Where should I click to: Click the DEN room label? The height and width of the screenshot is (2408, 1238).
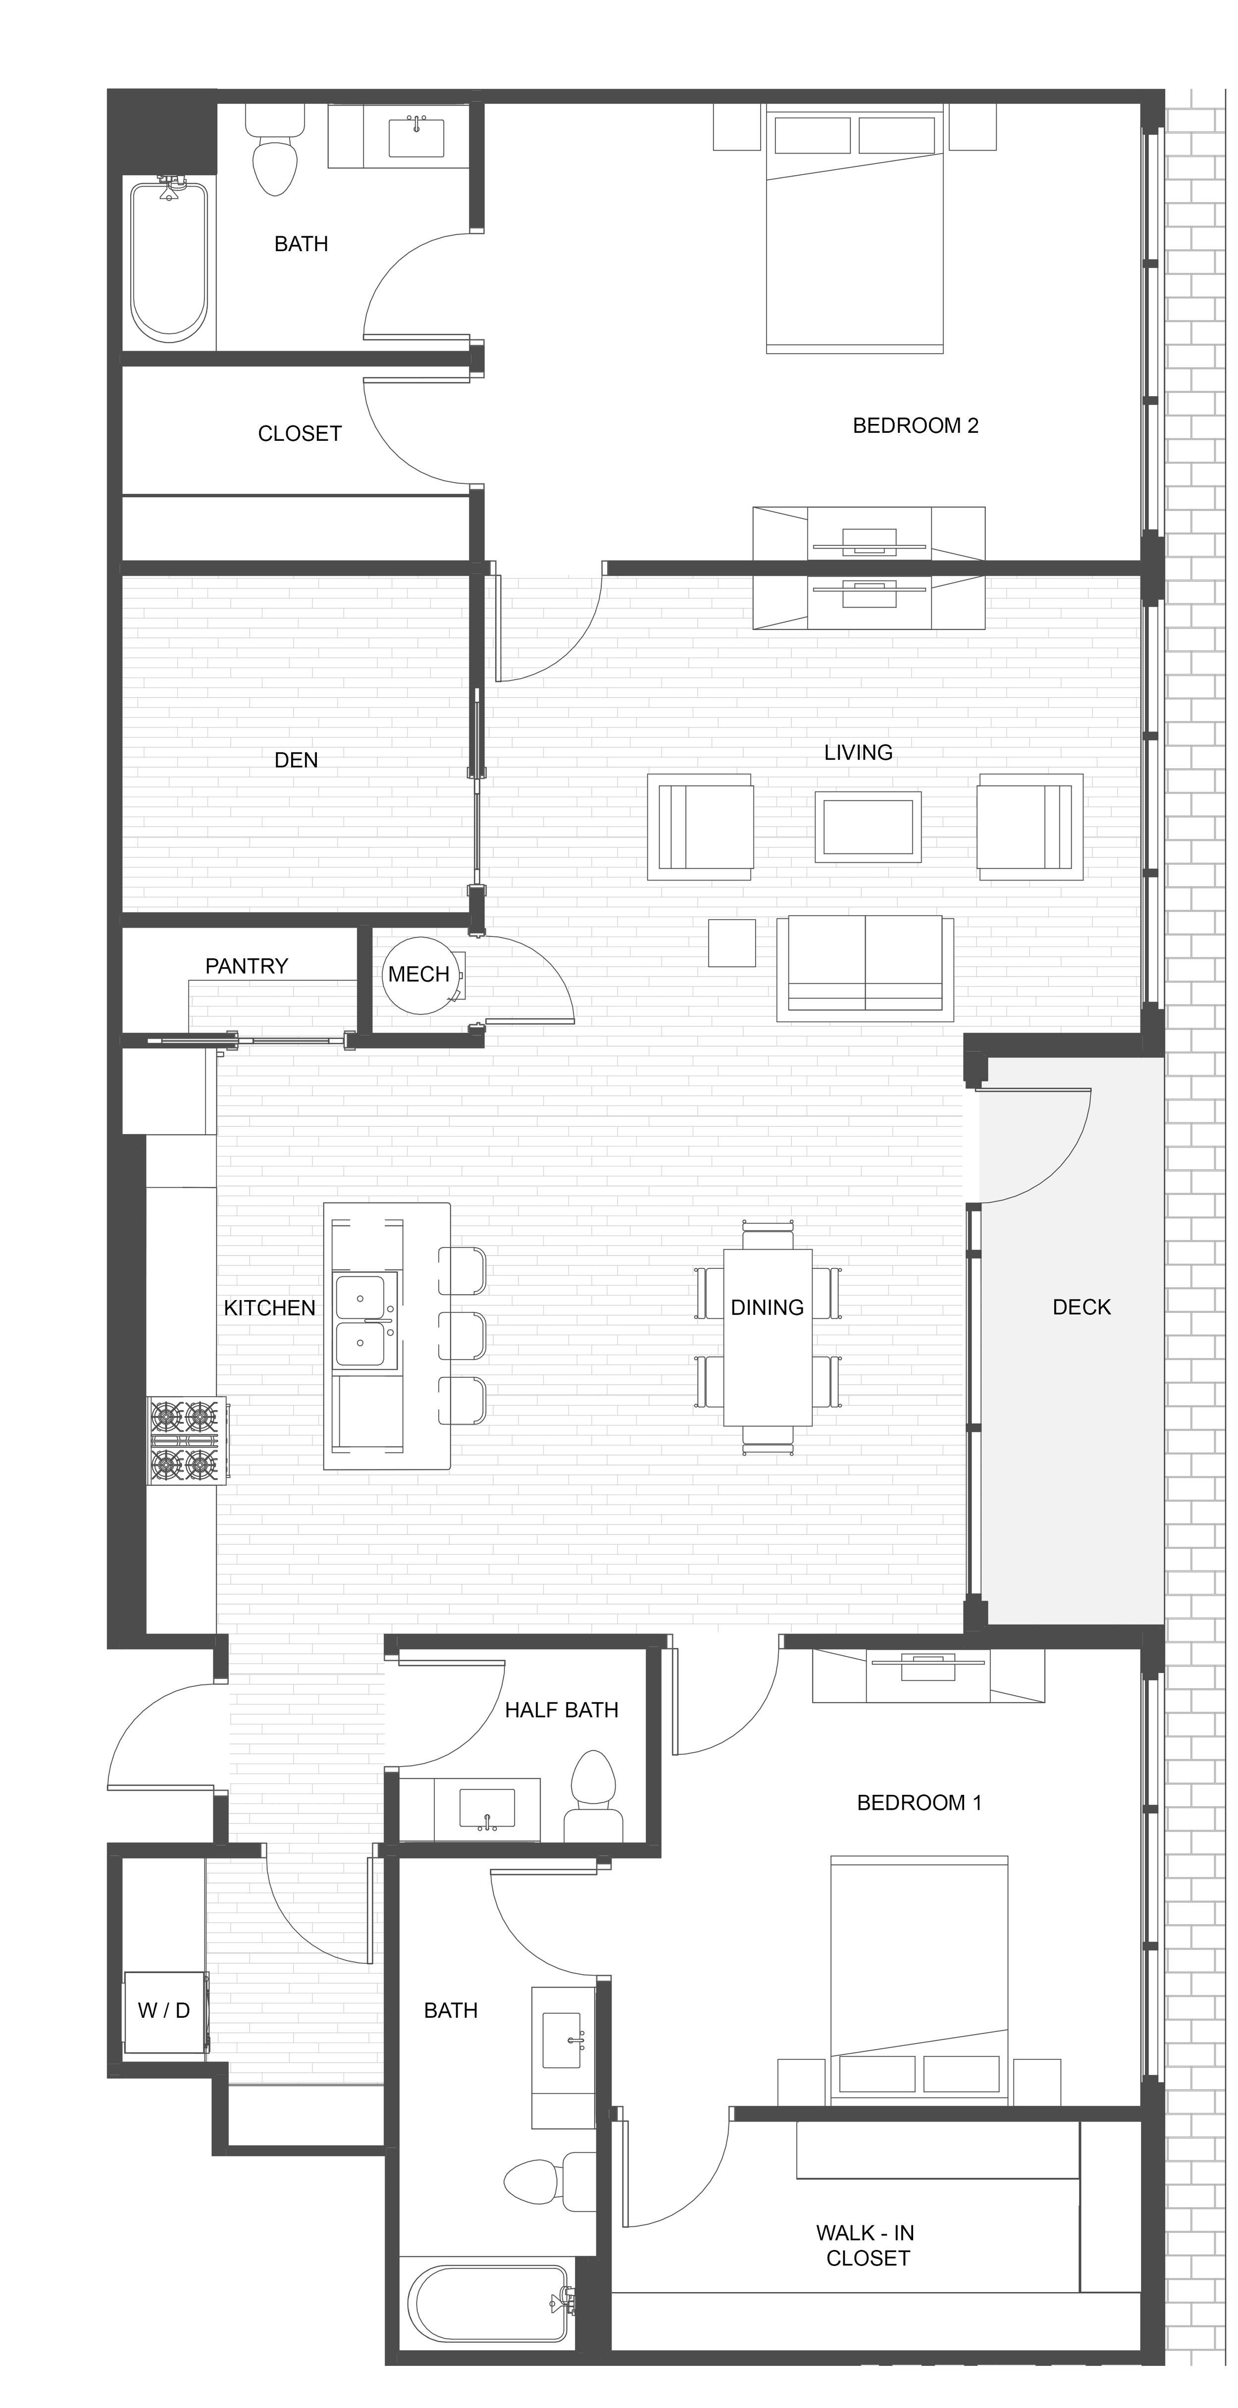click(x=296, y=760)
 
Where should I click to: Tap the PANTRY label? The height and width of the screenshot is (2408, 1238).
click(x=247, y=966)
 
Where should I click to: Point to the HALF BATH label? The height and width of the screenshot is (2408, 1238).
click(x=562, y=1710)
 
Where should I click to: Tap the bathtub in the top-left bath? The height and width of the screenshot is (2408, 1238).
click(x=168, y=260)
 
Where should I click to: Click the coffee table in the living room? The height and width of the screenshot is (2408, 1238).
click(x=868, y=826)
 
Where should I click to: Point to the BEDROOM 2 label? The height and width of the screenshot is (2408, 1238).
click(x=916, y=425)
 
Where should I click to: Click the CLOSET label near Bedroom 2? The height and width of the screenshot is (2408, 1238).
click(x=300, y=434)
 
